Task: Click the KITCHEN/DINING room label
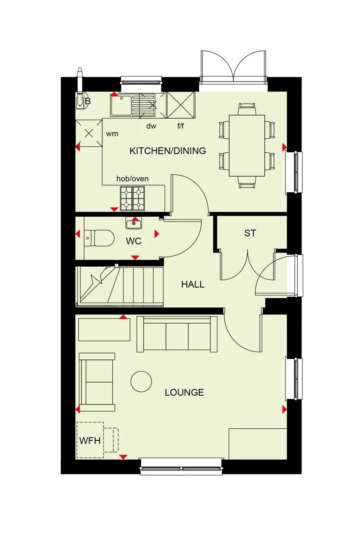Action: point(168,151)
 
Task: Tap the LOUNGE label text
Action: point(184,393)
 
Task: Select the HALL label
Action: point(193,285)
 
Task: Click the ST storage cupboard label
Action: point(250,233)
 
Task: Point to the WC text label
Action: point(134,241)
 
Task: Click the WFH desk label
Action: point(90,441)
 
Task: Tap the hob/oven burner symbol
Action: point(132,198)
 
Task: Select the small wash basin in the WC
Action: point(134,224)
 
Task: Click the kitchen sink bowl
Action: point(121,106)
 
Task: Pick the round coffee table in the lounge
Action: point(141,381)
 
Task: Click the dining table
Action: point(247,145)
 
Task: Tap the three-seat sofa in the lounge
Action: point(177,334)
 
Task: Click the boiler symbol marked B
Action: point(81,101)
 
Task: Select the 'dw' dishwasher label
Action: point(151,126)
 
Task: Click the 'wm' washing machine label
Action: point(112,134)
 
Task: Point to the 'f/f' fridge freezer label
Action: point(181,126)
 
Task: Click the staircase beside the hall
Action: point(120,286)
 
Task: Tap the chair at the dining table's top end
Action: point(247,109)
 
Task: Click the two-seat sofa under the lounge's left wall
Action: point(97,382)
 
